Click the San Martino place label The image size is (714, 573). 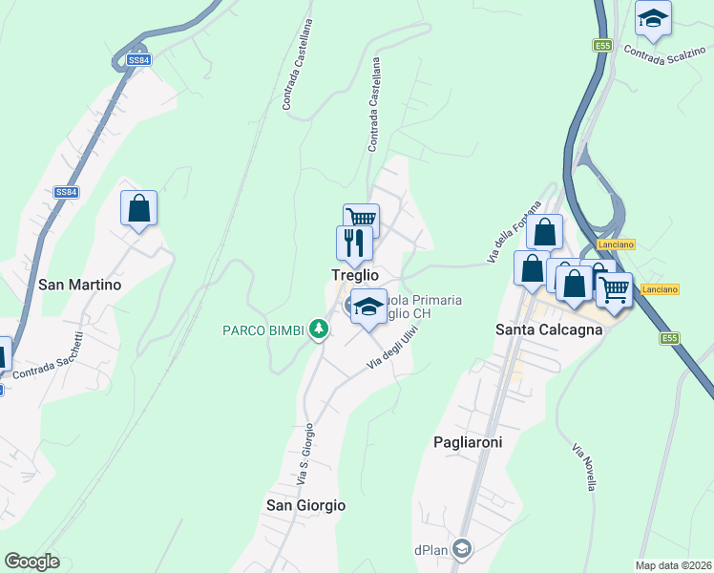click(79, 285)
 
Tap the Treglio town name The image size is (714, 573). click(354, 275)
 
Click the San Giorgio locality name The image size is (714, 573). click(305, 505)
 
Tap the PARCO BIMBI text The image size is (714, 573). click(262, 331)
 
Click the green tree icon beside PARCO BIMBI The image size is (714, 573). click(319, 330)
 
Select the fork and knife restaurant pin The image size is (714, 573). click(352, 243)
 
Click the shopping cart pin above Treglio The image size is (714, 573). click(362, 221)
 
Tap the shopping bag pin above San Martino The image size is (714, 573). click(138, 207)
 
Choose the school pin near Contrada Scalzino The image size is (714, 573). click(653, 18)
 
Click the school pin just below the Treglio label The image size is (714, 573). click(368, 308)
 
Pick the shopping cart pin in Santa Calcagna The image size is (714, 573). click(614, 288)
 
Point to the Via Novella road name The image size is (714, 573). click(584, 468)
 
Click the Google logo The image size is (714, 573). click(31, 562)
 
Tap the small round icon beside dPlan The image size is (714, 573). click(462, 548)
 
